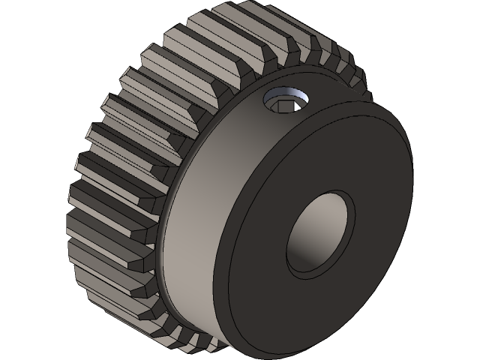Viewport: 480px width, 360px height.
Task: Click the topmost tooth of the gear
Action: pos(225,19)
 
